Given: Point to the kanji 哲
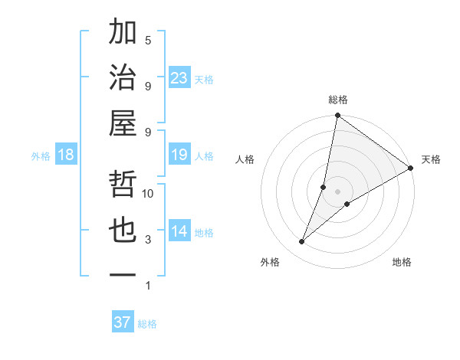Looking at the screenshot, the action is click(x=123, y=185).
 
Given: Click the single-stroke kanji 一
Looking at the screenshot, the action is click(x=123, y=274).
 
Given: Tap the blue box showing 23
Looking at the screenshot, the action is click(x=179, y=78).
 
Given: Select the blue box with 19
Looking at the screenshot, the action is click(x=179, y=155).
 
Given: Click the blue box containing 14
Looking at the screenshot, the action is click(x=179, y=232).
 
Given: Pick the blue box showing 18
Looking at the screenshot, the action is click(x=66, y=155).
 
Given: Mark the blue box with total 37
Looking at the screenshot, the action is click(x=123, y=322).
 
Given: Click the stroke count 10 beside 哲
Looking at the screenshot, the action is click(x=149, y=194).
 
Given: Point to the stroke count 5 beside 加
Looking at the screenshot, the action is click(x=148, y=40).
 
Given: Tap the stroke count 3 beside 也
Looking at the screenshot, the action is click(x=148, y=240).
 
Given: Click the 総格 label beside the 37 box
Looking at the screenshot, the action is click(x=147, y=324).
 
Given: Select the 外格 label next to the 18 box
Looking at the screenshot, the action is click(x=41, y=156).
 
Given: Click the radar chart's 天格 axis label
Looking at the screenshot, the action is click(x=431, y=159).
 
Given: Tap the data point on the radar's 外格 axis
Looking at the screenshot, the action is click(x=302, y=242).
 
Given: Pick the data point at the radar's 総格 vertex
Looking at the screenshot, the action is click(x=337, y=116).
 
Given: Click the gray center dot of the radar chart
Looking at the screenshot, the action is click(x=337, y=191).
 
